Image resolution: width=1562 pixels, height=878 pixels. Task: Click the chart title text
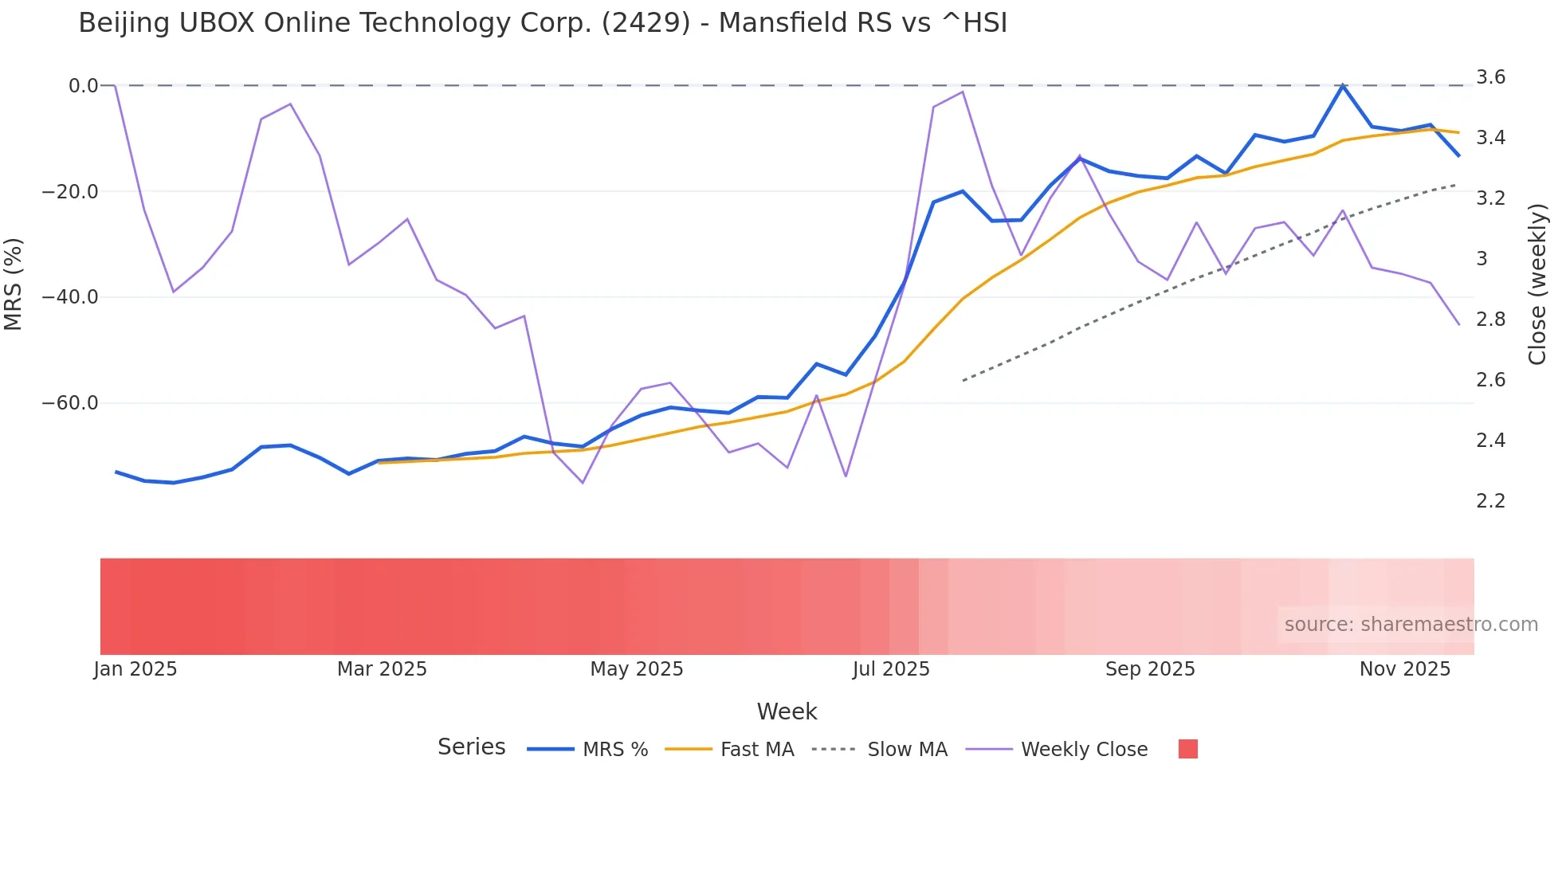tap(543, 23)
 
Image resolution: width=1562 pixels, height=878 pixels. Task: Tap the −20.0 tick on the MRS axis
tap(70, 192)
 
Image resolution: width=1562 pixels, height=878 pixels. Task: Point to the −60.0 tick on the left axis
tap(70, 403)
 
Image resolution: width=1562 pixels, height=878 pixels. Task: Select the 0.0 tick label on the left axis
tap(83, 86)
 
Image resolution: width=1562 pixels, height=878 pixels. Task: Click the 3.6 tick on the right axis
tap(1490, 77)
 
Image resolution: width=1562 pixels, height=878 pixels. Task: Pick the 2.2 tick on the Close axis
tap(1490, 501)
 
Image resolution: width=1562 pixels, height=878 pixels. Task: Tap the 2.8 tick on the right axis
tap(1490, 319)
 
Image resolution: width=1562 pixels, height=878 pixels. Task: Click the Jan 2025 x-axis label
tap(135, 669)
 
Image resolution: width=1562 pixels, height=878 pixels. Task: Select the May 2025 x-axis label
tap(637, 669)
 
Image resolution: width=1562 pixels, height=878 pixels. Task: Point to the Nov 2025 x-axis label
tap(1405, 669)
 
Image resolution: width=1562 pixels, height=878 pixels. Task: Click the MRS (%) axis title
tap(14, 284)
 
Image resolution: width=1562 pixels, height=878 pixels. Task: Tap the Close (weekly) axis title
tap(1537, 284)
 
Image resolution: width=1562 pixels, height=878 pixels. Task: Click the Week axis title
tap(787, 711)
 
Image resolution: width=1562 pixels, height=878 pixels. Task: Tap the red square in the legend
tap(1187, 749)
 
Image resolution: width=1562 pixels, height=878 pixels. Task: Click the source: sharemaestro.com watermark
tap(1411, 625)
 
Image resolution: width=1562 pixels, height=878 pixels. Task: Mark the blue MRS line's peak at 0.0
tap(1343, 85)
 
